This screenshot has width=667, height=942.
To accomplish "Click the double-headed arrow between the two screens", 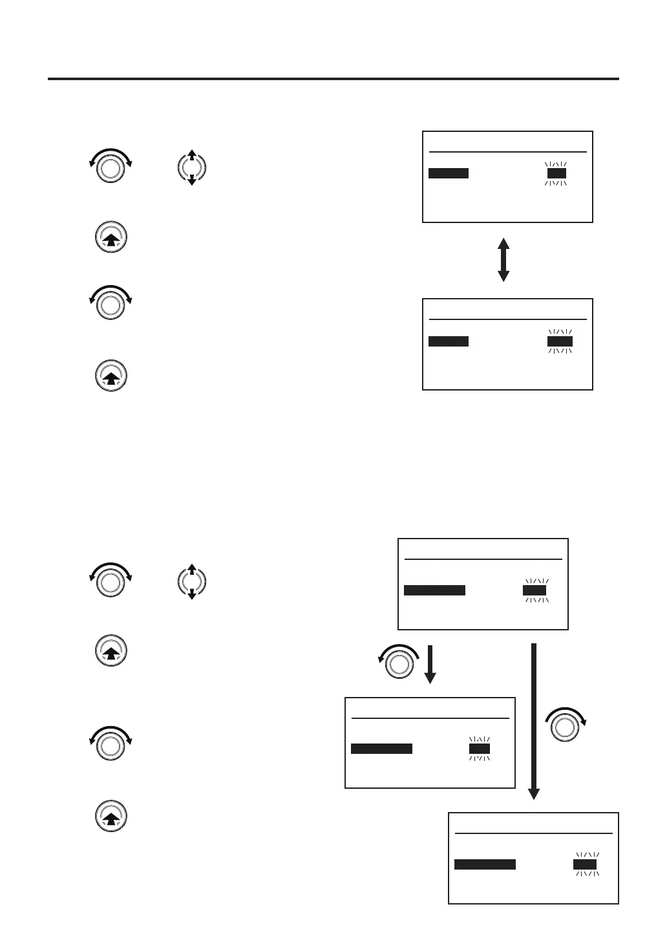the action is click(x=503, y=260).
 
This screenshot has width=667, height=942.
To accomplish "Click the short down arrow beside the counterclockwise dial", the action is click(x=430, y=663).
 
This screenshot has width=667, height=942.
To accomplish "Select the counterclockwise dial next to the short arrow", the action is click(x=399, y=662).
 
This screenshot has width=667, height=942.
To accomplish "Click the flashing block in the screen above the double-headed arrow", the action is click(x=556, y=173).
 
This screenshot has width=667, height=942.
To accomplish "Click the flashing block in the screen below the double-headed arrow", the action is click(x=560, y=341).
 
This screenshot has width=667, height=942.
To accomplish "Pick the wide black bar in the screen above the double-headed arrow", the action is click(x=449, y=173).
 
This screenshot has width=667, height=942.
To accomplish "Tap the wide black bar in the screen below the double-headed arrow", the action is click(x=449, y=341).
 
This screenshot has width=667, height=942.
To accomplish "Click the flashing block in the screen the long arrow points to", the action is click(x=585, y=864).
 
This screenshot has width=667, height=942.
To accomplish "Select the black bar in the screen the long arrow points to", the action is click(x=485, y=864).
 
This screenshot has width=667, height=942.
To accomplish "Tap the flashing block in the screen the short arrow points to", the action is click(x=480, y=749).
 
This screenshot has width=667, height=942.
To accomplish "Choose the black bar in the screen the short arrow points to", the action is click(x=381, y=749).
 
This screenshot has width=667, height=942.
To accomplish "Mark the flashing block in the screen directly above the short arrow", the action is click(x=535, y=590).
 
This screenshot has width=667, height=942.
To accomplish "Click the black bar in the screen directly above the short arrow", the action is click(x=434, y=590).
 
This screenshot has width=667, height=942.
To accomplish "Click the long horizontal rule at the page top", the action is click(x=333, y=80).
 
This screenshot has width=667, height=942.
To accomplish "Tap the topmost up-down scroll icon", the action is click(x=191, y=167).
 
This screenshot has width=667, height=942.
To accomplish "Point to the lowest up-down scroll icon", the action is click(x=191, y=582).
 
